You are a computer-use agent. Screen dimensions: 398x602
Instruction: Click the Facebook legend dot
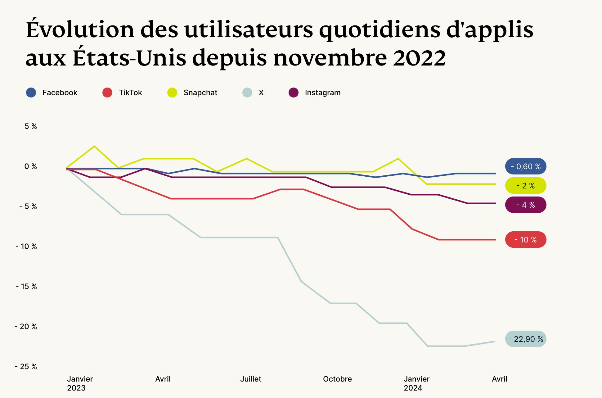click(x=31, y=93)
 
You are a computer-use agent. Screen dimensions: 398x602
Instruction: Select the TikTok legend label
click(x=130, y=93)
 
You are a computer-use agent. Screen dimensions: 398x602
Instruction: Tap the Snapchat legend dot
click(x=172, y=93)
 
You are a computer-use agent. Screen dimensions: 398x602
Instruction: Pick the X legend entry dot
click(x=247, y=93)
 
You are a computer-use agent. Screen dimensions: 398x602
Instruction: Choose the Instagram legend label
click(x=323, y=93)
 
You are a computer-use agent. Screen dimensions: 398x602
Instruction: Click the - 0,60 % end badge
click(x=526, y=166)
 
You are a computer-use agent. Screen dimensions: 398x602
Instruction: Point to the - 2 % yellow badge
click(x=526, y=186)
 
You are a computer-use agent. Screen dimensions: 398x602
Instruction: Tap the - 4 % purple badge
click(x=526, y=205)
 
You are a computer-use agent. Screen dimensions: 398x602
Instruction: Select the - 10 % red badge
click(x=526, y=240)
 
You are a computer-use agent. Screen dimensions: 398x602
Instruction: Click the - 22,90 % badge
click(x=526, y=339)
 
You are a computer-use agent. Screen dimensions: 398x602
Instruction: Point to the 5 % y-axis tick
click(x=31, y=126)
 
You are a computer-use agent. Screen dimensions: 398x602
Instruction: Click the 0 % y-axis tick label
click(x=31, y=166)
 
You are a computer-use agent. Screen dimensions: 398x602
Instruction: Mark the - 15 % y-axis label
click(x=26, y=287)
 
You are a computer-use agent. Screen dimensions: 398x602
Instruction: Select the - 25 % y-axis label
click(x=26, y=367)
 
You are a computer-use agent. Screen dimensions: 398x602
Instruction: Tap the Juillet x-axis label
click(x=251, y=379)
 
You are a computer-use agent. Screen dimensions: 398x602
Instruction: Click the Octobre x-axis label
click(x=337, y=379)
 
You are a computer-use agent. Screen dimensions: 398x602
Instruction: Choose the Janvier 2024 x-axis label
click(x=416, y=383)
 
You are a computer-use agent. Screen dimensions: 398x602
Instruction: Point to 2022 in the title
click(x=419, y=58)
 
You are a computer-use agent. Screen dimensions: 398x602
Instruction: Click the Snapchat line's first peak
click(x=94, y=146)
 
